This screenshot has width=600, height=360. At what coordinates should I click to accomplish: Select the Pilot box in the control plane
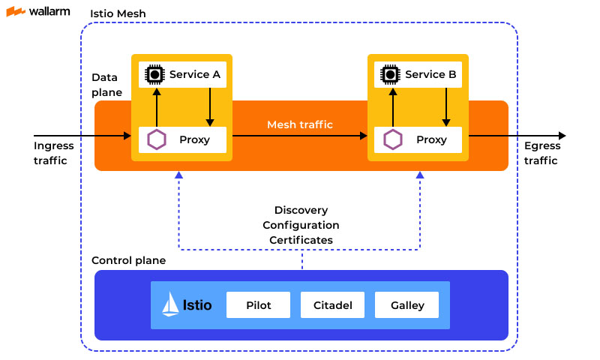258,305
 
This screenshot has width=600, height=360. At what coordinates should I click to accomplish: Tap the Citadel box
332,305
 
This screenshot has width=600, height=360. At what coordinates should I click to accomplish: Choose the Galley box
407,305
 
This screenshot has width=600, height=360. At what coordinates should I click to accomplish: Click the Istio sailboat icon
171,305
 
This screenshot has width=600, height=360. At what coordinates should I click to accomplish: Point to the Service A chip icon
154,74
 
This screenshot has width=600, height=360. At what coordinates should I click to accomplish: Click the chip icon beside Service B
390,74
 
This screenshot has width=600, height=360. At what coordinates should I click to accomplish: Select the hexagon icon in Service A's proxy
157,139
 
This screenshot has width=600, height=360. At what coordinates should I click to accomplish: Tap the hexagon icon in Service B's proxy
392,139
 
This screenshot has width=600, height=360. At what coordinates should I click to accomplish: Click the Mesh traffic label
300,124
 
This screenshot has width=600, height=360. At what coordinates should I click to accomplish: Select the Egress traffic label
542,153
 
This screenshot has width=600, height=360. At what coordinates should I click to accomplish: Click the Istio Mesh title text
118,14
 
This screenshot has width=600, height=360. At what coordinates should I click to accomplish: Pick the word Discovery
301,210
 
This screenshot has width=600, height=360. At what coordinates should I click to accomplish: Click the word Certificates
301,240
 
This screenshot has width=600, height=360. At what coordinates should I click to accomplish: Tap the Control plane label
128,260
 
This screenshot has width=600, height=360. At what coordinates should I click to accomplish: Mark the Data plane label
106,85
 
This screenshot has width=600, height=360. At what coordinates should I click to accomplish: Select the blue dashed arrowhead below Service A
178,175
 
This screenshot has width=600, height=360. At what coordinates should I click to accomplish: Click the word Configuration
301,225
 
